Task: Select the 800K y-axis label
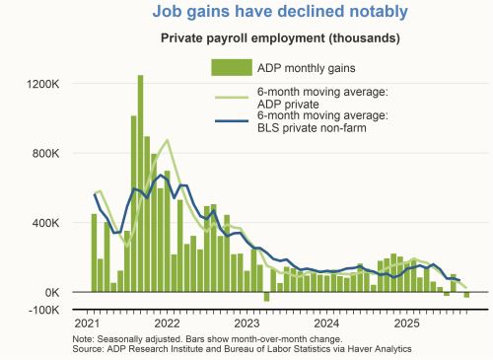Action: tap(46, 154)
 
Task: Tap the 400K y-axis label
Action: tap(46, 223)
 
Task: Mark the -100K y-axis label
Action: tap(44, 310)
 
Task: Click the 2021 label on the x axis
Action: tap(88, 324)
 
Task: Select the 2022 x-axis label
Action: tap(168, 324)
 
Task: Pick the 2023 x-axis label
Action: tap(247, 324)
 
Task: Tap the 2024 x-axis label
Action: tap(327, 324)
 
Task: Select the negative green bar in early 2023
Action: tap(266, 296)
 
